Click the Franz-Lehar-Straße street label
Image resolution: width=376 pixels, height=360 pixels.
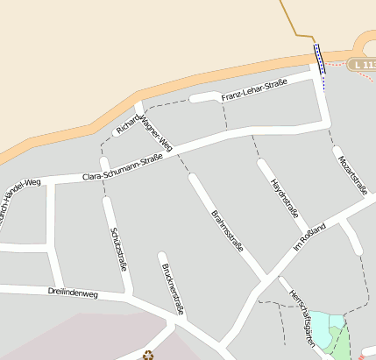[254, 88]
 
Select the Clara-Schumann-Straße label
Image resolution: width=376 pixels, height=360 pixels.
[123, 168]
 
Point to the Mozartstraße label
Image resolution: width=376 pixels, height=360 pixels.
[351, 170]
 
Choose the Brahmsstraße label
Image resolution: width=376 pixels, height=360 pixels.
[227, 230]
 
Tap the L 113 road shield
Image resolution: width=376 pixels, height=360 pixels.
[361, 65]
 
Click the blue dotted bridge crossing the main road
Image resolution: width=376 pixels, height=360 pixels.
[319, 61]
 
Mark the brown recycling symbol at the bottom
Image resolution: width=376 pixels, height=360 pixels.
[147, 354]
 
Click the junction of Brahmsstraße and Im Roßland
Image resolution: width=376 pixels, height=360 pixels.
[266, 279]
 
